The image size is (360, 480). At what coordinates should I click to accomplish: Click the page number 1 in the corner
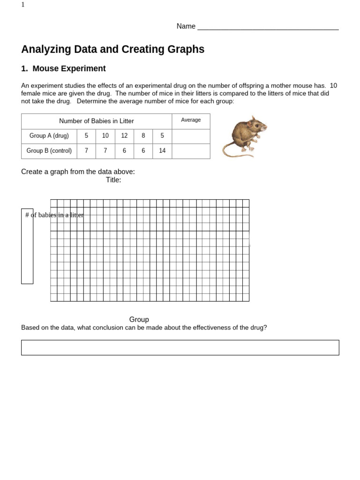click(x=23, y=5)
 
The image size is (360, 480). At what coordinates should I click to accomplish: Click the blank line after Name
click(x=268, y=27)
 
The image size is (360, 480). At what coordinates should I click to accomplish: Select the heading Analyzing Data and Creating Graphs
click(x=112, y=49)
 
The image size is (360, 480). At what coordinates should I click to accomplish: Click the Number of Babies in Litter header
click(x=97, y=121)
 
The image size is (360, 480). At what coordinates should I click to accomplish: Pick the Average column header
click(x=191, y=120)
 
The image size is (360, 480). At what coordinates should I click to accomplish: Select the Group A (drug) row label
click(x=49, y=136)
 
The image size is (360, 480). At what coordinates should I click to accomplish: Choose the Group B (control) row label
click(x=49, y=151)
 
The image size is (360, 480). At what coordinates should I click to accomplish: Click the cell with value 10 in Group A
click(x=105, y=136)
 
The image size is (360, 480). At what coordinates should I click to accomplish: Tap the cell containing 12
click(x=124, y=136)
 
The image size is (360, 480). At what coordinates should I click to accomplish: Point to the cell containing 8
click(x=143, y=136)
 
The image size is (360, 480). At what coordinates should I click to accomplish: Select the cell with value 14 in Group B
click(x=162, y=151)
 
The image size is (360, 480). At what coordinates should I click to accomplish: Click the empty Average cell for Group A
click(x=191, y=136)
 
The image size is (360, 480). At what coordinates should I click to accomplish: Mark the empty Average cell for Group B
click(x=191, y=151)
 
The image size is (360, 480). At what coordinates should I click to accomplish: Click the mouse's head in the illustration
click(x=256, y=125)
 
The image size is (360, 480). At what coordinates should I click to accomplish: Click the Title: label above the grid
click(x=113, y=180)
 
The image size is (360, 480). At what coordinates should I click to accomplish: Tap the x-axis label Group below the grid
click(x=139, y=320)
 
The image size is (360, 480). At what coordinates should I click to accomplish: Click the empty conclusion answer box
click(x=180, y=347)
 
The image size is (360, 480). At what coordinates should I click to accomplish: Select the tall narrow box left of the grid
click(x=27, y=253)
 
